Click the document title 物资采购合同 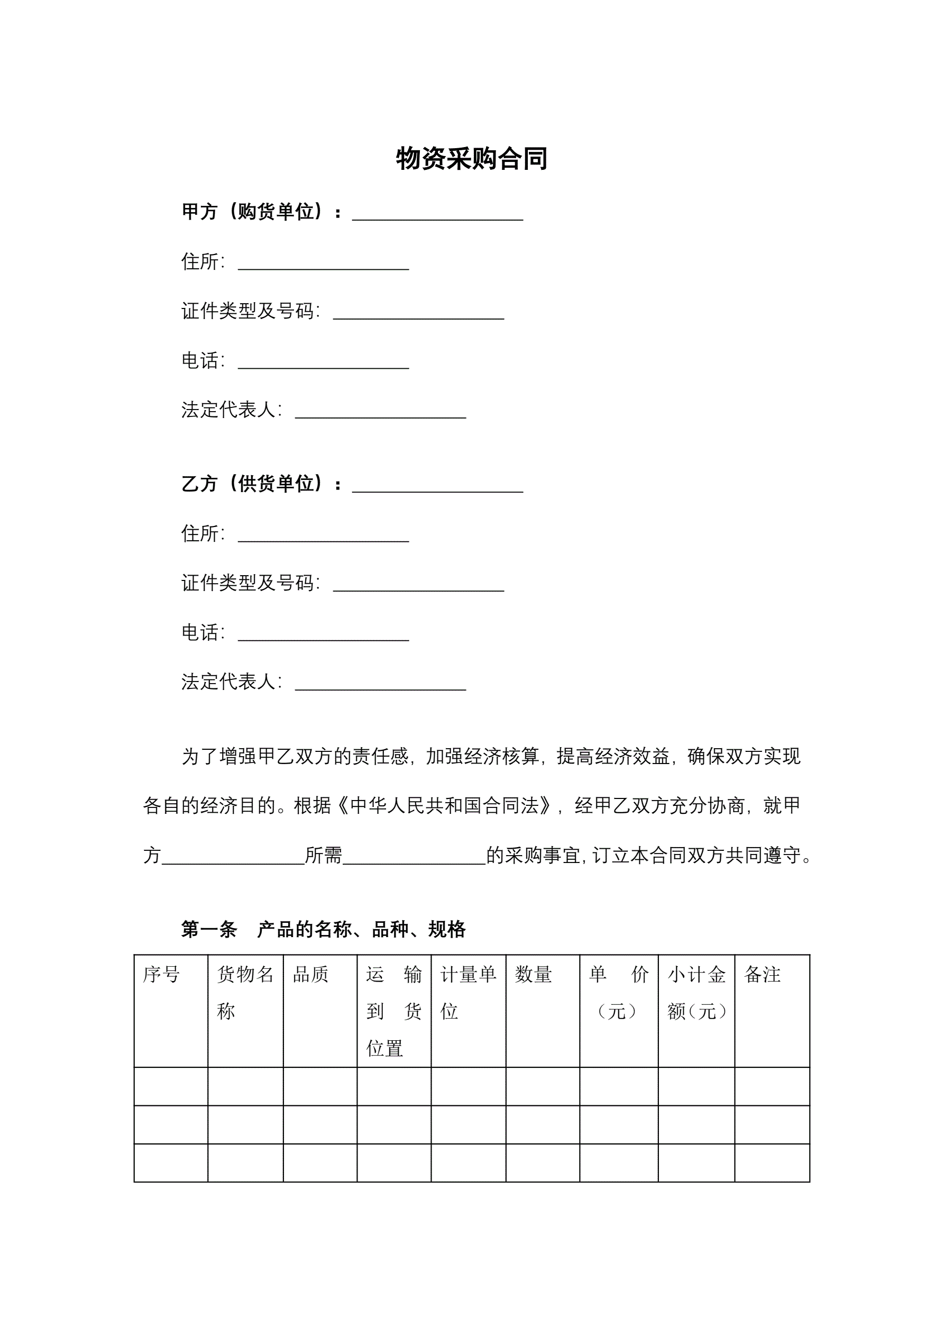pyautogui.click(x=471, y=159)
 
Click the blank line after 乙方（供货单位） pyautogui.click(x=437, y=488)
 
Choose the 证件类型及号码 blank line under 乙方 pyautogui.click(x=418, y=587)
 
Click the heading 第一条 pyautogui.click(x=209, y=930)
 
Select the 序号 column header pyautogui.click(x=162, y=975)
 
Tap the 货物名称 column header pyautogui.click(x=245, y=993)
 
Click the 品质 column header pyautogui.click(x=311, y=975)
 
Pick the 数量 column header pyautogui.click(x=534, y=975)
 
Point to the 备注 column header pyautogui.click(x=762, y=975)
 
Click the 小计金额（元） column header pyautogui.click(x=696, y=993)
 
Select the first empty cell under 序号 pyautogui.click(x=171, y=1087)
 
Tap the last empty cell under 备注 pyautogui.click(x=772, y=1164)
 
